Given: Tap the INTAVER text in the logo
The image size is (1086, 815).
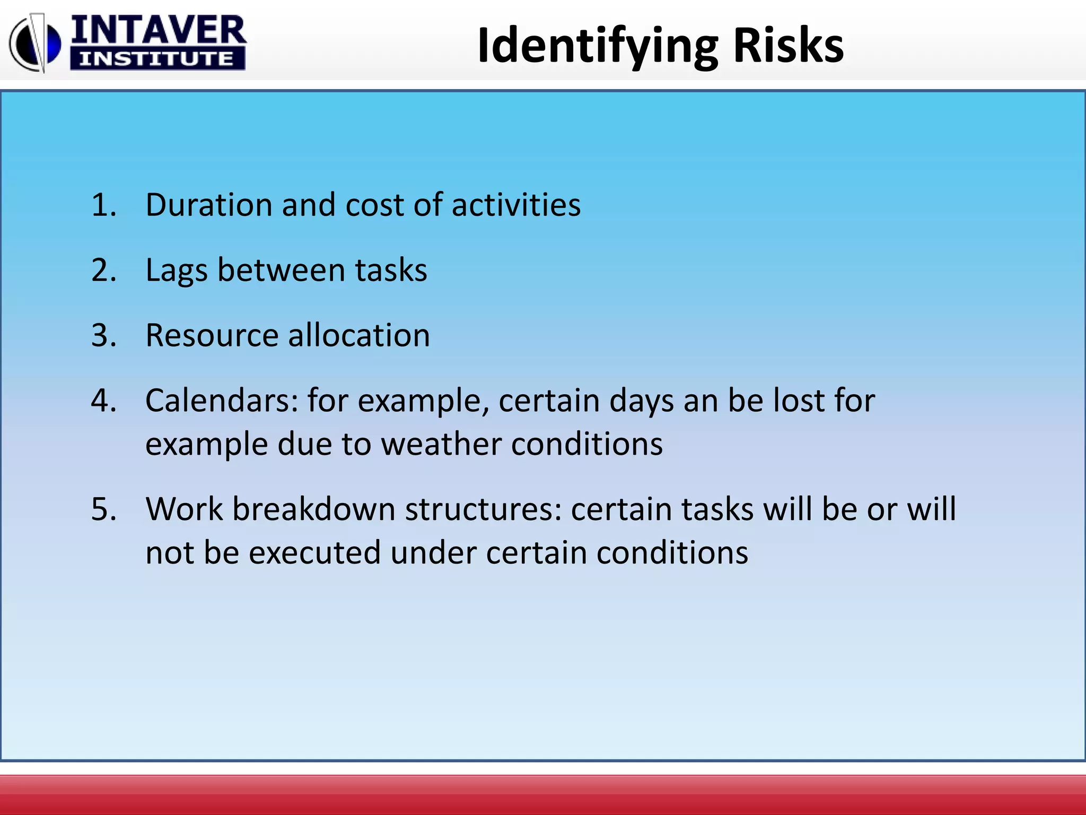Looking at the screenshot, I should [x=158, y=30].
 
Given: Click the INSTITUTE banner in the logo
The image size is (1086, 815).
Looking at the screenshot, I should [x=157, y=59].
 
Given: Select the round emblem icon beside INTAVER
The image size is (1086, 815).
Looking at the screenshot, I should [x=34, y=43].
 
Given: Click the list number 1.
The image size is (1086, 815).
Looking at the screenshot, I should [x=103, y=205].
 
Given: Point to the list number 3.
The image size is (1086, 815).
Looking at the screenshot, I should [x=103, y=335].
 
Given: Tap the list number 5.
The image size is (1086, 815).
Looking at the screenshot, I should [x=103, y=509].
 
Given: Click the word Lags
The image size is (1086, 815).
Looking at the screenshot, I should [x=176, y=271].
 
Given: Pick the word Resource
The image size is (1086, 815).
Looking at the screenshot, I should [x=212, y=335].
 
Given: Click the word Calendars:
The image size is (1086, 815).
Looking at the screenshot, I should [x=222, y=401].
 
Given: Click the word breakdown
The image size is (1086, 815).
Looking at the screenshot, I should [x=314, y=509].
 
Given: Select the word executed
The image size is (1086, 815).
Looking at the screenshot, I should [x=314, y=553].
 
